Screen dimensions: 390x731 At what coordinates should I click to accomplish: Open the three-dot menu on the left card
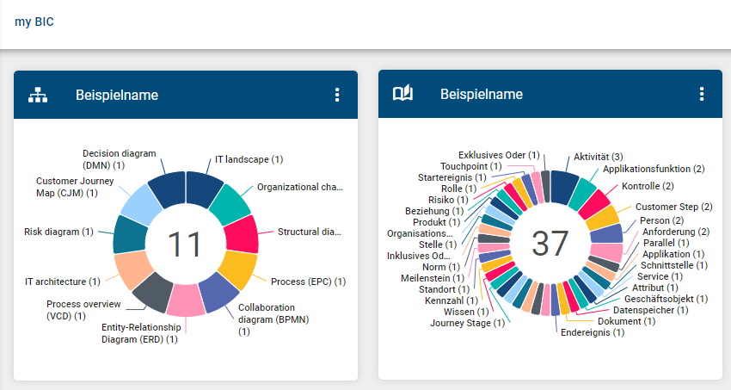click(x=337, y=95)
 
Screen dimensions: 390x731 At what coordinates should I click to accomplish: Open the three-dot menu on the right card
click(x=702, y=95)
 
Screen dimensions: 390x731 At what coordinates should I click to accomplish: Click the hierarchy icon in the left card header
click(x=38, y=95)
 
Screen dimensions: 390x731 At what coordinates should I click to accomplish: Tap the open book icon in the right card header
click(x=402, y=95)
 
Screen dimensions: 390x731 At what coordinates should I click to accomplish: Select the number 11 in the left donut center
click(x=185, y=245)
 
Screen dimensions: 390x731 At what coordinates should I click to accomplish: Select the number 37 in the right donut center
click(x=550, y=245)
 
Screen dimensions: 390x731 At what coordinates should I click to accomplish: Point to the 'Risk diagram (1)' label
click(x=58, y=232)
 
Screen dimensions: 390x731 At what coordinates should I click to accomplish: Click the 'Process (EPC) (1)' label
click(x=308, y=282)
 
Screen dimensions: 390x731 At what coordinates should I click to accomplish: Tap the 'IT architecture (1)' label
click(x=62, y=282)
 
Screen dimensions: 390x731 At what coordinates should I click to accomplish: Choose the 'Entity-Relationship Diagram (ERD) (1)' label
click(x=142, y=333)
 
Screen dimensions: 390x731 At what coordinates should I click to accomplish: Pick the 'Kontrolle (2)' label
click(x=648, y=186)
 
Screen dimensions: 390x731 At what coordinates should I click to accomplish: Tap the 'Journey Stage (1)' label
click(x=467, y=323)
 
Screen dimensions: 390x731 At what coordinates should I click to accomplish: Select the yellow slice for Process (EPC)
click(x=238, y=269)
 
